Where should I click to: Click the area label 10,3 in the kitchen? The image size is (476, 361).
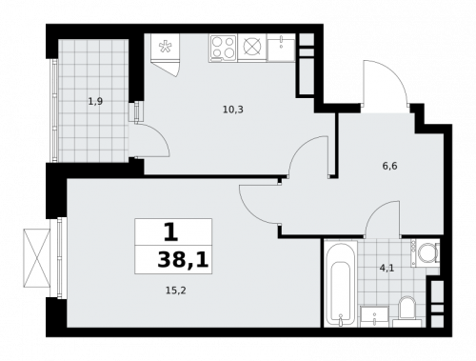click(x=233, y=110)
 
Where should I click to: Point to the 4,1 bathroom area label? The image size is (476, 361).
click(x=386, y=268)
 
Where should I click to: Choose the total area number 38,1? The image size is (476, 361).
click(x=173, y=258)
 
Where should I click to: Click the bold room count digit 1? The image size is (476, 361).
click(x=170, y=231)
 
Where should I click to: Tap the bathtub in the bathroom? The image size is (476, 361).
click(x=338, y=284)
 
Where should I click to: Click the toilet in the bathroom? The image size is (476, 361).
click(x=407, y=310)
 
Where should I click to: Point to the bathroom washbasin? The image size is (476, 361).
click(x=373, y=313)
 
